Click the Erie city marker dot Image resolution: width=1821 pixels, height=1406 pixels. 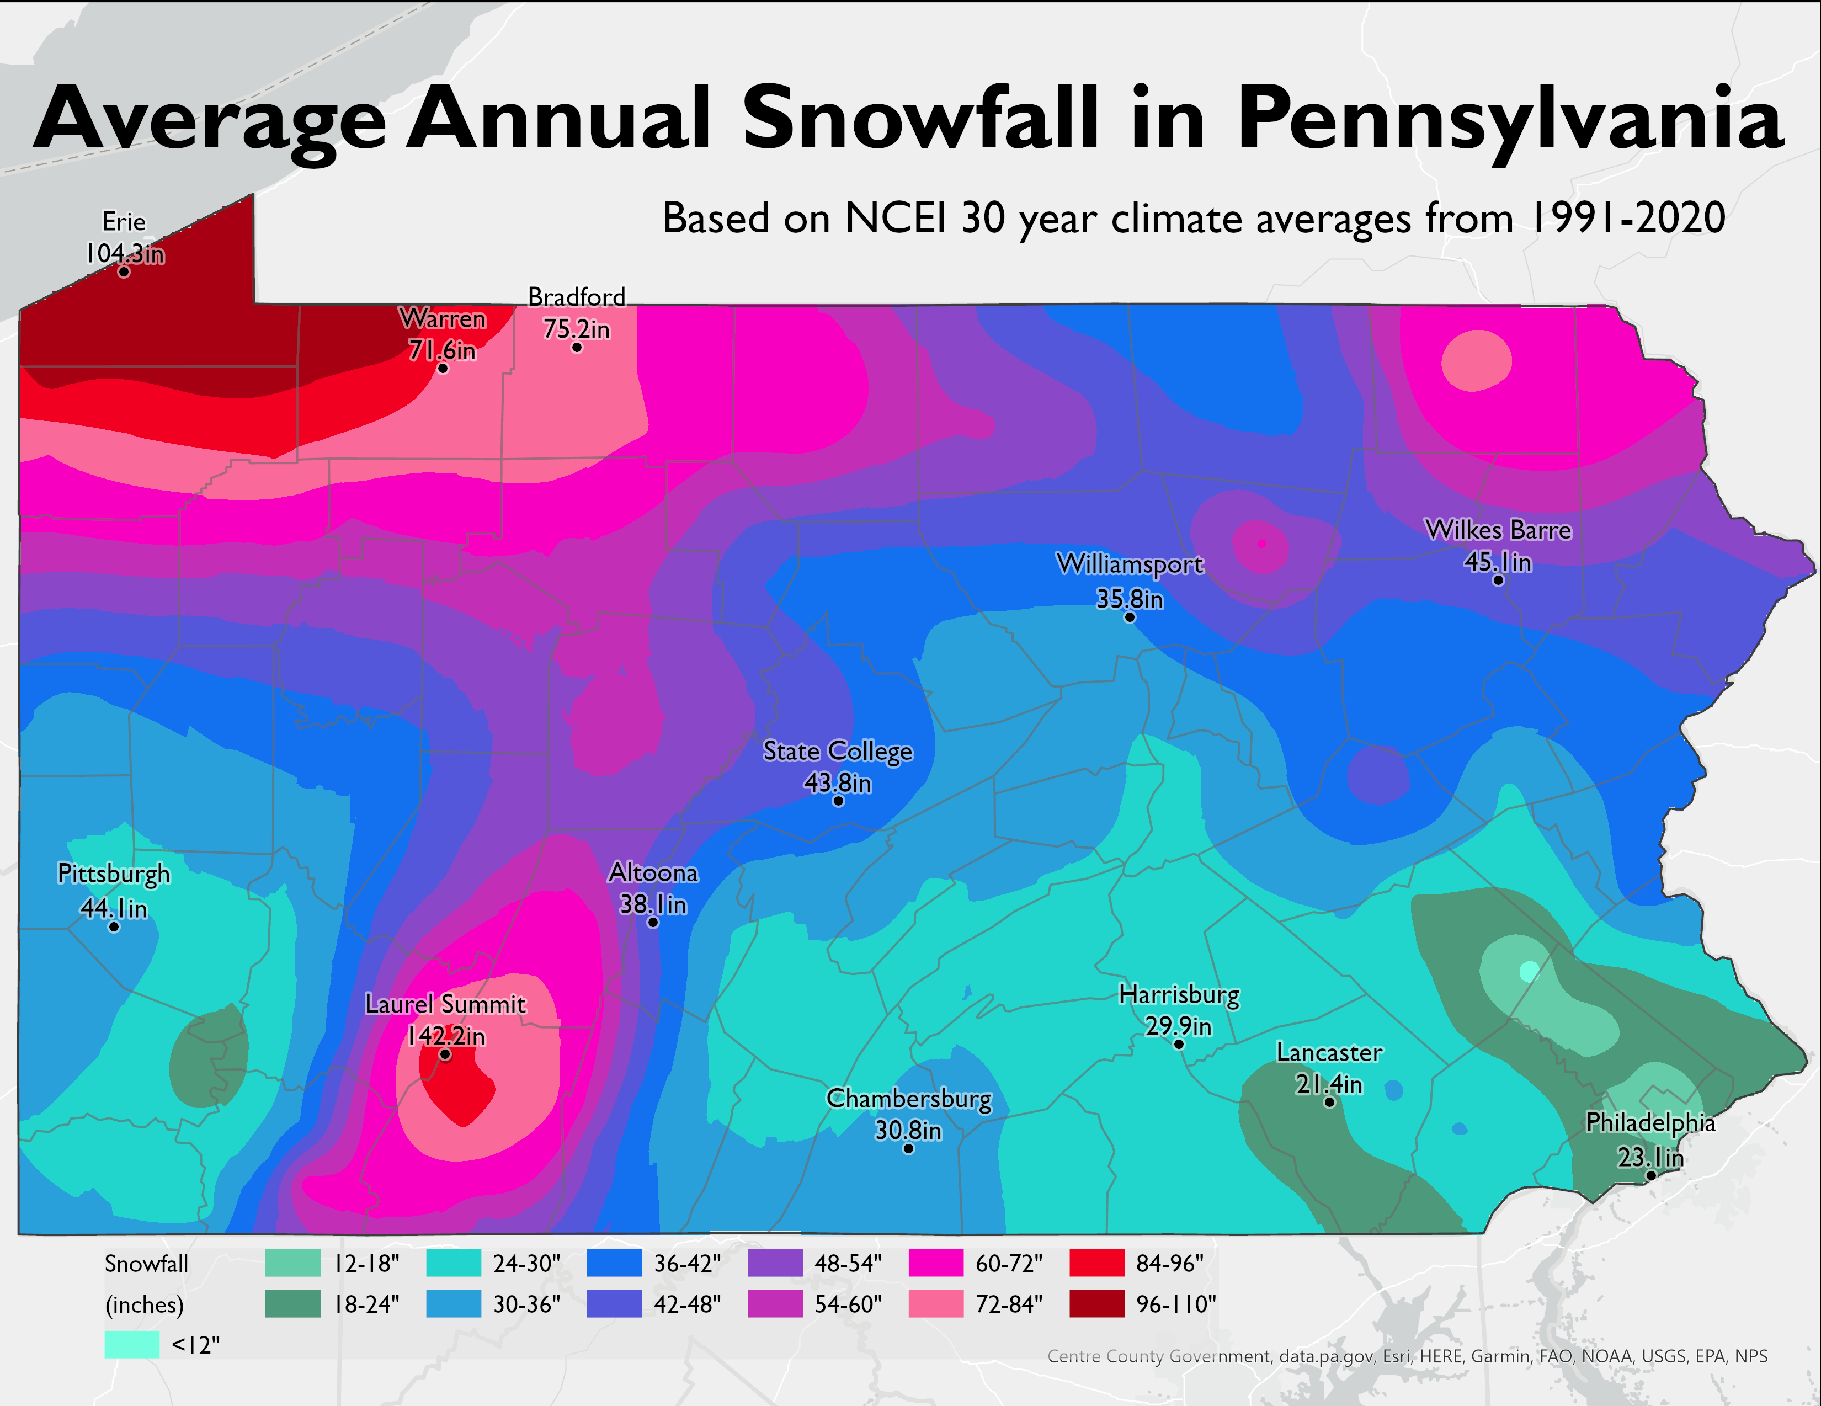coord(124,272)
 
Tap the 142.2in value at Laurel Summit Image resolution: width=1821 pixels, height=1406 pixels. coord(446,1036)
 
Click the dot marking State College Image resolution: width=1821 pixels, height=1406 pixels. coord(838,801)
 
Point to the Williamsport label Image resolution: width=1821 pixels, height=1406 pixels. coord(1130,564)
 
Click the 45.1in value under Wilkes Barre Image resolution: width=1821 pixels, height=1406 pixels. coord(1498,562)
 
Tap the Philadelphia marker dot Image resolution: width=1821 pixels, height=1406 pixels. coord(1650,1176)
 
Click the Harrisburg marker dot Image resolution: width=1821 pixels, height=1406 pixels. coord(1178,1044)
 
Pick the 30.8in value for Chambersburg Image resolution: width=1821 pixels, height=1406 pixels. coord(908,1131)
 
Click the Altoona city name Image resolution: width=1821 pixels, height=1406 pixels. coord(653,872)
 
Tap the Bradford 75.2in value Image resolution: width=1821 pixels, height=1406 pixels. coord(576,329)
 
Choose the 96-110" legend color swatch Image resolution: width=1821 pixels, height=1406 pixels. coord(1096,1303)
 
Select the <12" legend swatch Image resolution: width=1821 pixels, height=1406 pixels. coord(132,1344)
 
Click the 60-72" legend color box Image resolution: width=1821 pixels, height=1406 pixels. coord(935,1264)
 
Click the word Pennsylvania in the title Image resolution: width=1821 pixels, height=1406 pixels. coord(1509,119)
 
